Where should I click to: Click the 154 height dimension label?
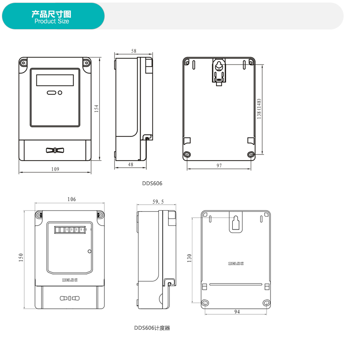tap(96, 108)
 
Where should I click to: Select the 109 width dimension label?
tap(55, 169)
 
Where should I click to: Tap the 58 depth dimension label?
tap(134, 51)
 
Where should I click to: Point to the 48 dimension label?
tap(131, 164)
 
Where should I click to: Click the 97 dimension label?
tap(219, 166)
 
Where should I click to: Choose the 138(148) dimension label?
tap(259, 109)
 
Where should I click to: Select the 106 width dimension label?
tap(72, 199)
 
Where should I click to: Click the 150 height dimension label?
tap(21, 257)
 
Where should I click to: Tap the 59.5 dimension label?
tap(158, 202)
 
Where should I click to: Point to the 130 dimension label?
tap(189, 258)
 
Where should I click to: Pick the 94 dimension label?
tap(237, 312)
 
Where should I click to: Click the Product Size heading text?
tap(52, 21)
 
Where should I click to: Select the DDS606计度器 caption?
tap(152, 328)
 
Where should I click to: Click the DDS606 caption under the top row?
tap(152, 183)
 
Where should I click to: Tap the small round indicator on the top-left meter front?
tap(60, 92)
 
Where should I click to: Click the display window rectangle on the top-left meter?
tap(55, 80)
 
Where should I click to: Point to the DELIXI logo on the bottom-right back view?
tap(236, 263)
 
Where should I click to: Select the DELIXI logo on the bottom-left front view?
tap(70, 280)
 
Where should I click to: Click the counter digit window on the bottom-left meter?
tap(70, 230)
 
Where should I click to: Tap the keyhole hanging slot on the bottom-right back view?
tap(236, 223)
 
